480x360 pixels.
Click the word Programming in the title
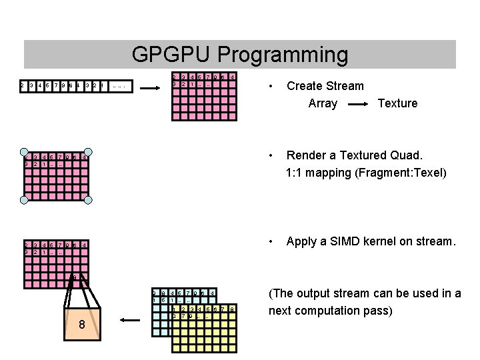coord(280,55)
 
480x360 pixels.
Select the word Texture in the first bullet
coord(397,103)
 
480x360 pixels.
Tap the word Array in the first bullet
coord(323,103)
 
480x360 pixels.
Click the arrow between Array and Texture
coord(359,104)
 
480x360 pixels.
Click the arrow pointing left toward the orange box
coord(133,321)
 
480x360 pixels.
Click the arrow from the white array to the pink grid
coord(153,87)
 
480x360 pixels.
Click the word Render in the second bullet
coord(307,155)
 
